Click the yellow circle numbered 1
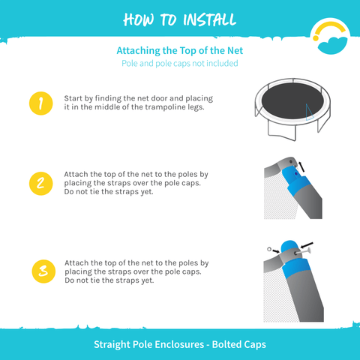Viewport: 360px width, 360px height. point(41,103)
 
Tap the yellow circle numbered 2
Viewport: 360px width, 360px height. point(41,184)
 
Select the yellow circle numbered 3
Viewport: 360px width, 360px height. point(43,271)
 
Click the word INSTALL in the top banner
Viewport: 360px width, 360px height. point(209,19)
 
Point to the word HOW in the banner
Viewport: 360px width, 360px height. point(138,19)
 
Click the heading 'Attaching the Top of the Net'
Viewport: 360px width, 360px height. point(180,50)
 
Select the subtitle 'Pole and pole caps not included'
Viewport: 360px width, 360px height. point(180,63)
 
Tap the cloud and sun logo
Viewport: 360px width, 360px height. point(330,37)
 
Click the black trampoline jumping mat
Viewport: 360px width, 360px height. point(292,100)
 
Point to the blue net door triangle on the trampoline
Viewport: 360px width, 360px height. point(308,112)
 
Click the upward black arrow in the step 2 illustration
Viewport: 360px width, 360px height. point(301,167)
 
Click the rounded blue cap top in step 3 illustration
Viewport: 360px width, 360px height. point(289,247)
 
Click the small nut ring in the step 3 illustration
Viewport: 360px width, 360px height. point(269,249)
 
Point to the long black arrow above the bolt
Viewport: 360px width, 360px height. point(307,245)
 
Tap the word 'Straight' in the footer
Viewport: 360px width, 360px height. point(112,345)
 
